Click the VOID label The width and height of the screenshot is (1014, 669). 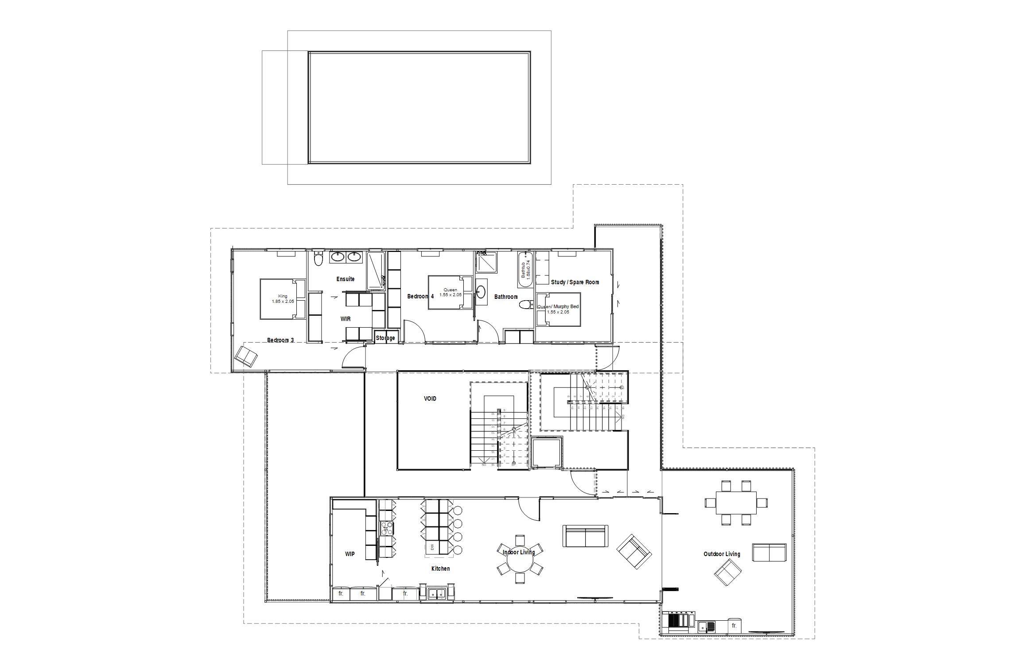tap(430, 398)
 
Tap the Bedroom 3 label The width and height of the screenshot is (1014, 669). tap(280, 340)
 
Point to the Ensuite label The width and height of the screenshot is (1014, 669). tap(345, 279)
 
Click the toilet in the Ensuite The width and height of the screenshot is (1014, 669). tap(318, 259)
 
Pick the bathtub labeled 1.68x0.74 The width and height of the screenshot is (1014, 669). tap(525, 269)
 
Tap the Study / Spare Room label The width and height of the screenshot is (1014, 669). tap(575, 282)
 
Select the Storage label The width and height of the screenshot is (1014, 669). tap(385, 338)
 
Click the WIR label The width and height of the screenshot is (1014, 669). tap(345, 319)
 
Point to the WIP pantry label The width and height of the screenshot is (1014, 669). tap(350, 554)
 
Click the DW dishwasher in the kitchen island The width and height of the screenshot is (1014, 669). tap(432, 548)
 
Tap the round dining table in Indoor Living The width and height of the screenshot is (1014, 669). tap(520, 559)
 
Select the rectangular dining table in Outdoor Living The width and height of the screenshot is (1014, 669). tap(736, 503)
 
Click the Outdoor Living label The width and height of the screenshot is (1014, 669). tap(722, 554)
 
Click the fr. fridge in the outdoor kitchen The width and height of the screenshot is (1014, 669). tap(734, 625)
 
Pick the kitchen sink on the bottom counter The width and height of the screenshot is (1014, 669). tap(436, 593)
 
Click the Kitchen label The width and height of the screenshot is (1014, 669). tap(440, 568)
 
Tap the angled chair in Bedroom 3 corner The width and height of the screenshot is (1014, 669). tap(246, 356)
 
